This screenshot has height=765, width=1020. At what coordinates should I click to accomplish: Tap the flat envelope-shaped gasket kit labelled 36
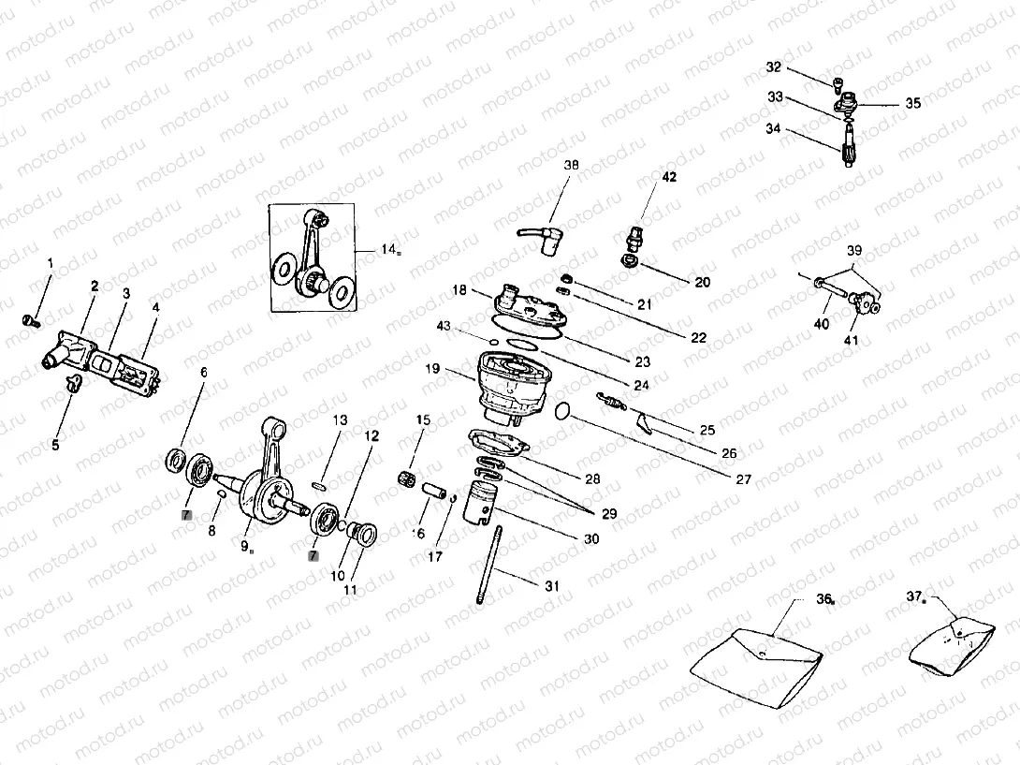tap(755, 660)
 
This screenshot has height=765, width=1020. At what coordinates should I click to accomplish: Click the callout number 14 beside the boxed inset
tap(387, 249)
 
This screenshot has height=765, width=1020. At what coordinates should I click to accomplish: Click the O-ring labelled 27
tap(561, 410)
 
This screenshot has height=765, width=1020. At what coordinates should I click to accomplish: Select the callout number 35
tap(912, 104)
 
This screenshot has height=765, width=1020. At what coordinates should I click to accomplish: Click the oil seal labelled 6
tap(175, 459)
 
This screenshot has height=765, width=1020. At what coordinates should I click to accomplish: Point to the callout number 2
tap(94, 283)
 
